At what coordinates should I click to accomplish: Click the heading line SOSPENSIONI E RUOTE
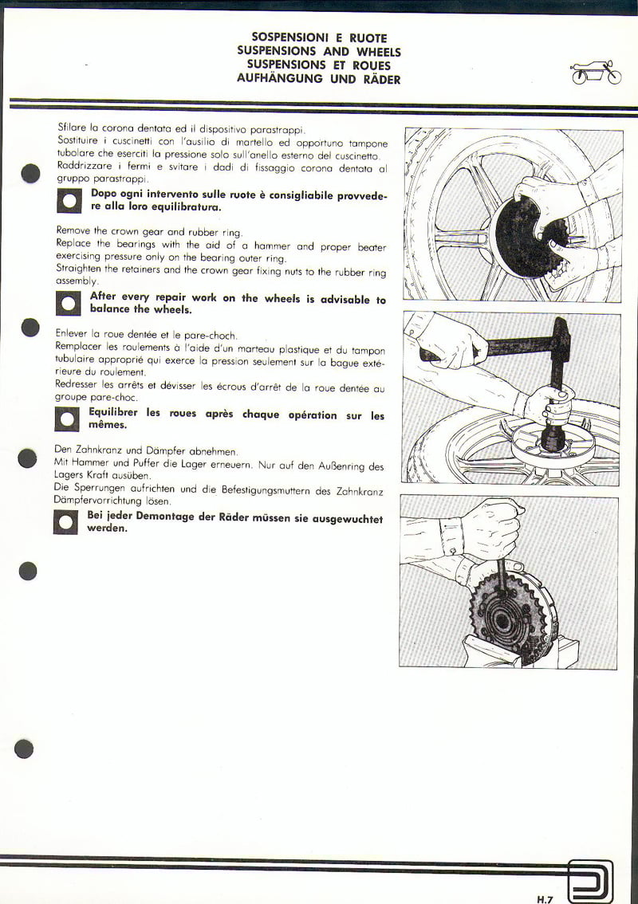pyautogui.click(x=319, y=37)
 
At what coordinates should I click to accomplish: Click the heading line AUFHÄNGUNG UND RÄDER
pyautogui.click(x=319, y=79)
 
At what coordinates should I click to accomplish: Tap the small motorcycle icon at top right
pyautogui.click(x=596, y=73)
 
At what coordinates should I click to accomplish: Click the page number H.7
pyautogui.click(x=545, y=898)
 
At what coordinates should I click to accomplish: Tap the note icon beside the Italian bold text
pyautogui.click(x=69, y=201)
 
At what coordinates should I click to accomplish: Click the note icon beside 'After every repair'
pyautogui.click(x=69, y=304)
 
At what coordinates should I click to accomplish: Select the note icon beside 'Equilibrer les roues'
pyautogui.click(x=67, y=419)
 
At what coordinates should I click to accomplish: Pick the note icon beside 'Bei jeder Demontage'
pyautogui.click(x=66, y=522)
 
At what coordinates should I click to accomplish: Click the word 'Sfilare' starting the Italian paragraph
pyautogui.click(x=72, y=127)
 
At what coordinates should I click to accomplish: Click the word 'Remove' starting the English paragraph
pyautogui.click(x=74, y=231)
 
